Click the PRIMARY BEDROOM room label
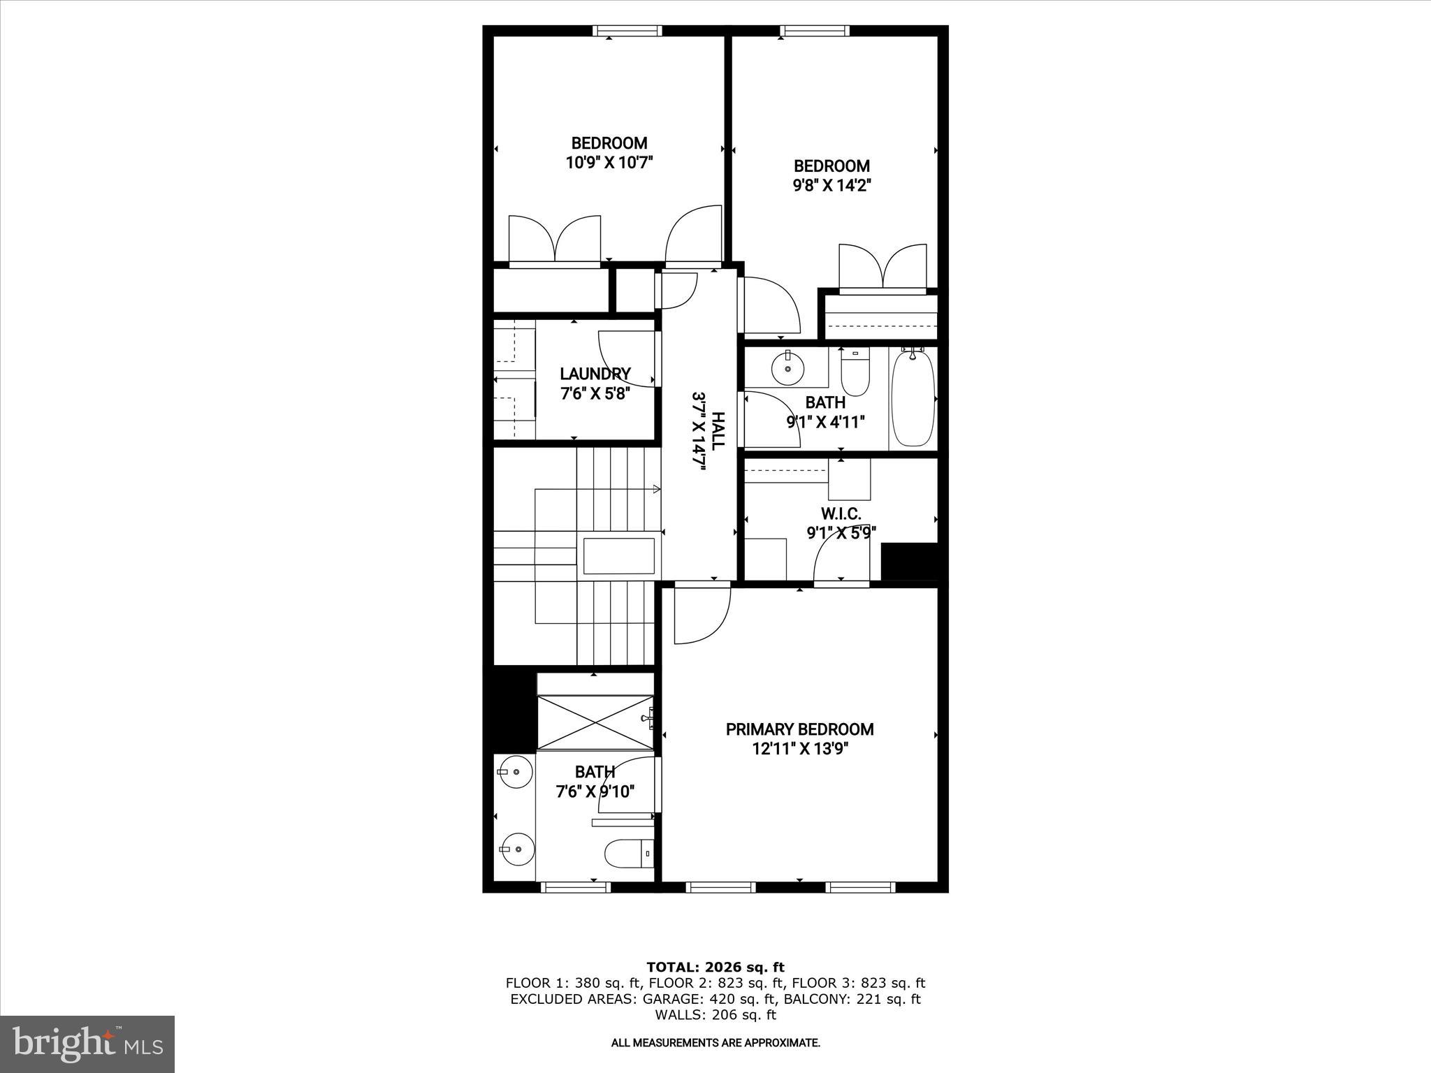(799, 729)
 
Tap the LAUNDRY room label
(595, 374)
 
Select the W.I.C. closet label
(841, 514)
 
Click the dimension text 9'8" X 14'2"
(831, 186)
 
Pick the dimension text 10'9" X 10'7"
(609, 163)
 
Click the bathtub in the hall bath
(913, 398)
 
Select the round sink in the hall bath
(788, 367)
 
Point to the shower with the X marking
(595, 722)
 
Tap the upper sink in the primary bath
(514, 772)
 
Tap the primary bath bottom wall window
(576, 887)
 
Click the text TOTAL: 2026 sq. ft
(715, 968)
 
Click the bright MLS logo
(87, 1044)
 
